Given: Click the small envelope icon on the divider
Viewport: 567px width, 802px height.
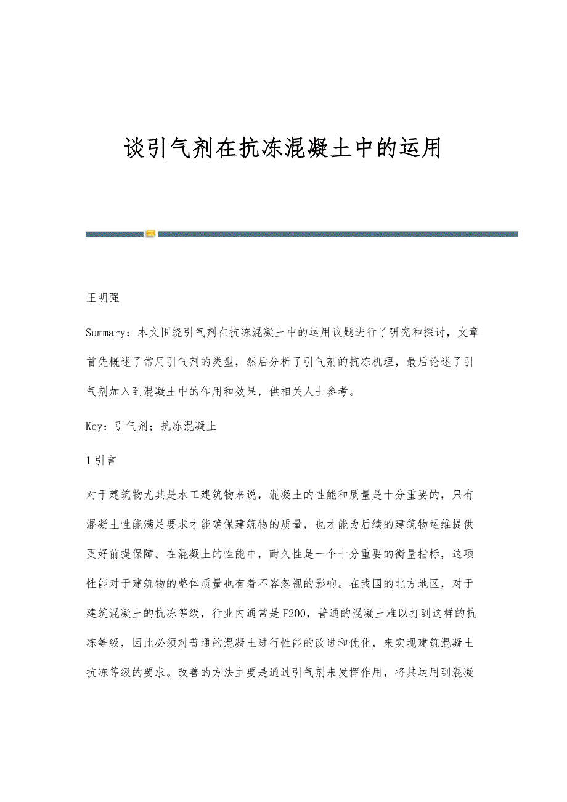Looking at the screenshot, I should coord(151,234).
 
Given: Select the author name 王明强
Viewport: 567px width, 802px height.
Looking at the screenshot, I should coord(102,299).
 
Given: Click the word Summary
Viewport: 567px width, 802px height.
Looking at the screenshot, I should coord(108,333).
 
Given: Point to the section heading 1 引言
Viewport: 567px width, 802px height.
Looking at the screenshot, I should coord(102,460).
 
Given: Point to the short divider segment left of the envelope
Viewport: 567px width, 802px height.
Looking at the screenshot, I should coord(114,234).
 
